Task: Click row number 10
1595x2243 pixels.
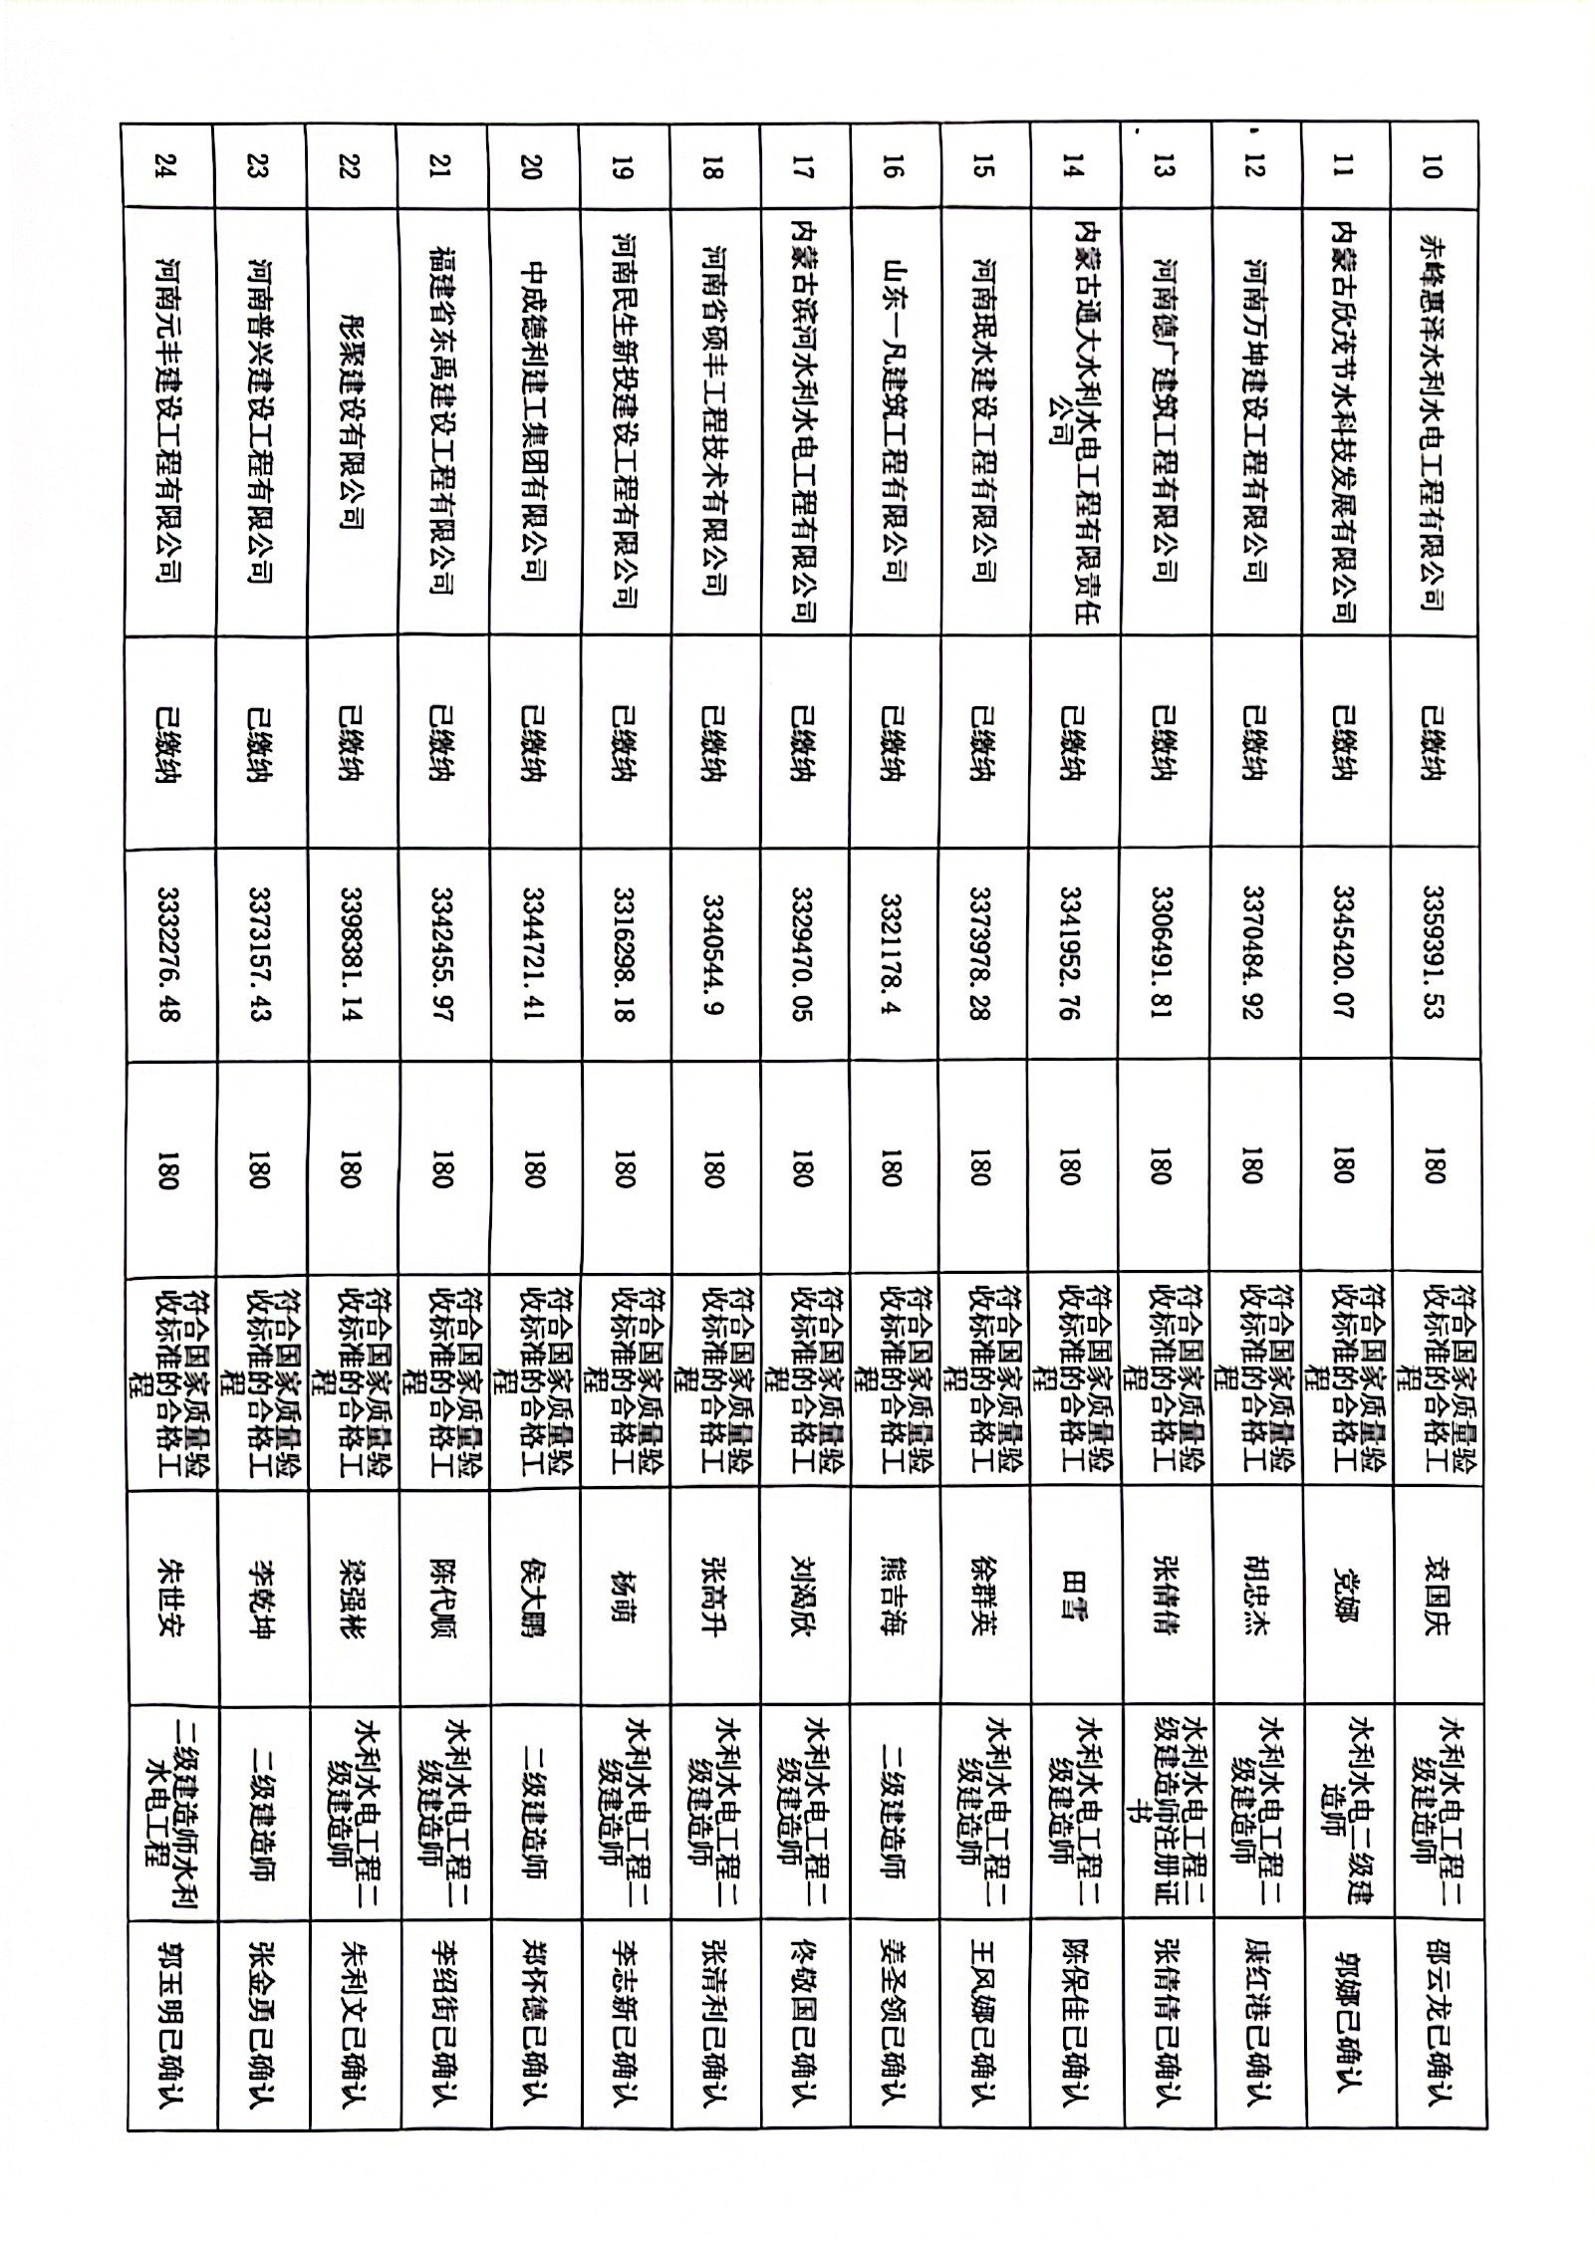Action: click(x=1433, y=169)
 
